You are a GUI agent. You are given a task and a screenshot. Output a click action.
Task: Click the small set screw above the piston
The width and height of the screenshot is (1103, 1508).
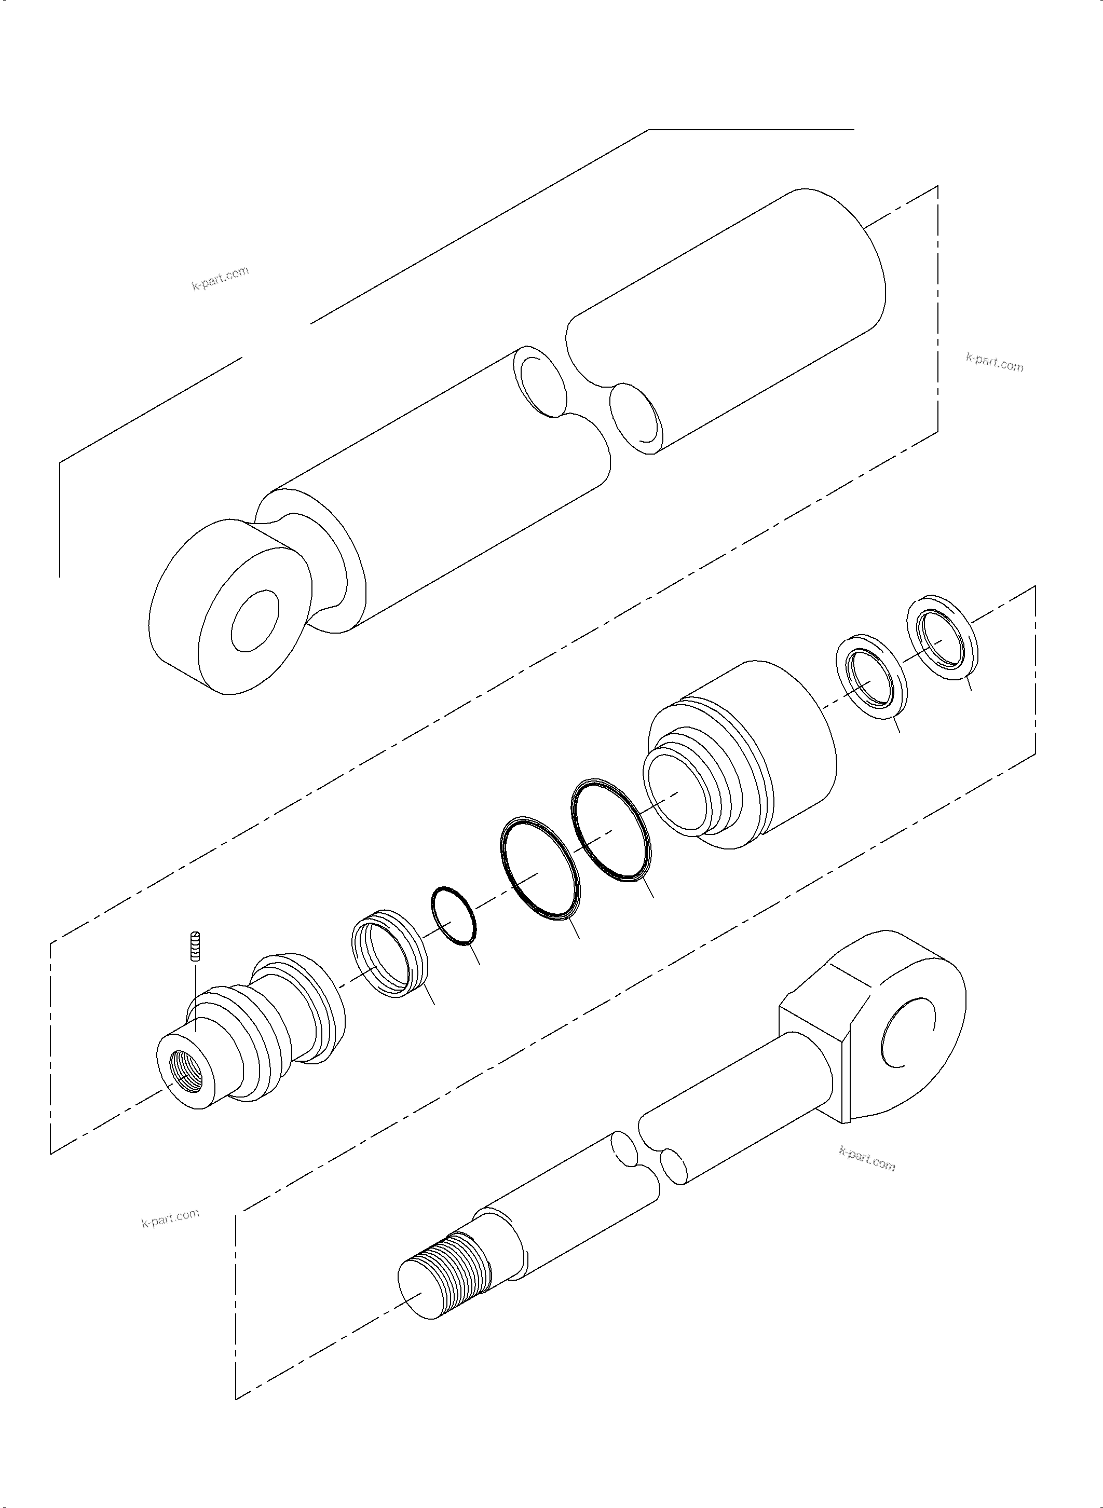tap(196, 946)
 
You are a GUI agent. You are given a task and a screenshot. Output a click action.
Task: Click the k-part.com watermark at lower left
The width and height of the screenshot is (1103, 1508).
tap(170, 1218)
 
